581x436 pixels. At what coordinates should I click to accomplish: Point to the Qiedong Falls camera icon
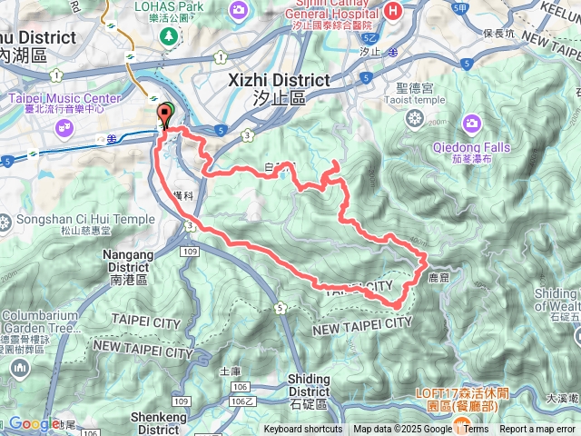click(x=471, y=122)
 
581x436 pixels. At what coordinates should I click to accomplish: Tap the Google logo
click(x=34, y=423)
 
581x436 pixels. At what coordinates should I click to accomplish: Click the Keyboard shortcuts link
click(x=303, y=430)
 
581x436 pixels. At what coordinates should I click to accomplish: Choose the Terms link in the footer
click(x=476, y=430)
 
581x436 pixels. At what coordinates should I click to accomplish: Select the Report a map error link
click(x=538, y=430)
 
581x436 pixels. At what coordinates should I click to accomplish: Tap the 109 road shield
click(x=189, y=249)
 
